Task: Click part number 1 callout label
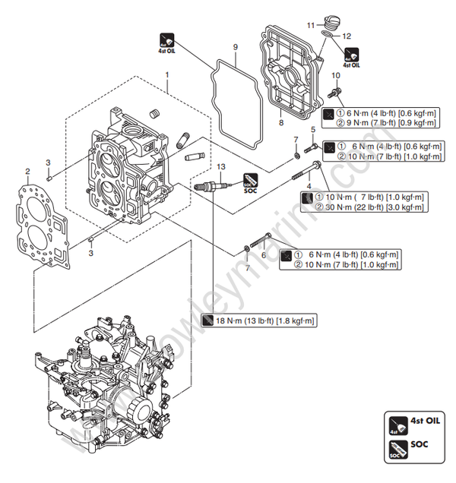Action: [x=167, y=74]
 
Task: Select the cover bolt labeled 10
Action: [x=334, y=93]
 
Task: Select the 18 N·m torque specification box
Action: [x=258, y=321]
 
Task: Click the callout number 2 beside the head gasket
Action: [x=28, y=171]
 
